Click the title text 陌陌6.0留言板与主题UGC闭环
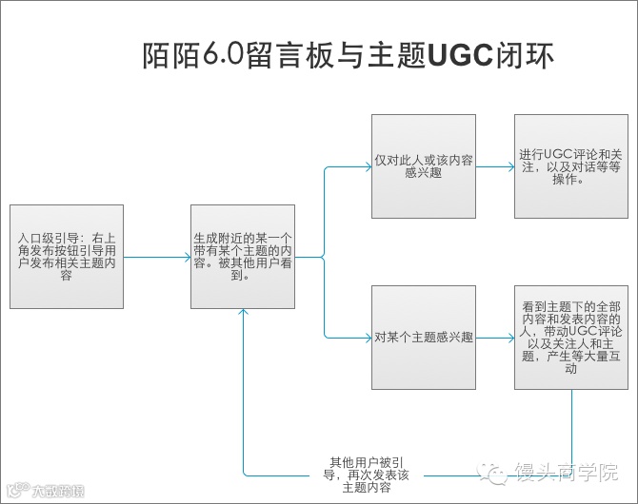[347, 55]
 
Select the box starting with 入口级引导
[66, 256]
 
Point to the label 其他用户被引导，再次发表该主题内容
[367, 474]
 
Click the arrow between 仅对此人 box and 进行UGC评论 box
[494, 167]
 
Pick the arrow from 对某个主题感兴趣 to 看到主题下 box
[494, 338]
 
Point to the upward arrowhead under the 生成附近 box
[244, 315]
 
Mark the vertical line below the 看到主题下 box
[572, 423]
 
